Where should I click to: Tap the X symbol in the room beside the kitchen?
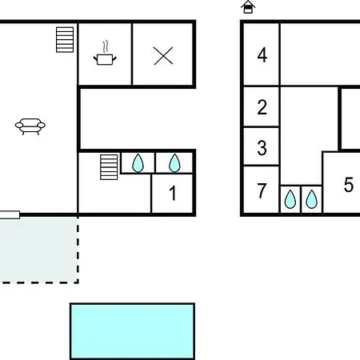163,56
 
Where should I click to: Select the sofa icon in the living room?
30,126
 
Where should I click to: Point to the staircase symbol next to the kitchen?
65,40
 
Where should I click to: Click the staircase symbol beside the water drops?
109,167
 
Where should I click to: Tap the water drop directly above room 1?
174,163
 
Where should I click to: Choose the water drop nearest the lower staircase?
138,163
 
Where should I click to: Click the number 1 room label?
173,193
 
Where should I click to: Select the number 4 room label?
262,55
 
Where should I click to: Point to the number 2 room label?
262,107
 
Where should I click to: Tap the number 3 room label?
262,148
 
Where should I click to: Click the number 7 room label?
262,190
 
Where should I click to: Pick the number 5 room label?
349,185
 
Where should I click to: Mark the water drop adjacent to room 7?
290,199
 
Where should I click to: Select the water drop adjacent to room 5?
311,199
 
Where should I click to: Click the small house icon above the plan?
248,7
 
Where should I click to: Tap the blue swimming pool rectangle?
133,331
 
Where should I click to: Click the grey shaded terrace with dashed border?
38,250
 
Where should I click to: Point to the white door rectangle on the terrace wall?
10,215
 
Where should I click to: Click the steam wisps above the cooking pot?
106,46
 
